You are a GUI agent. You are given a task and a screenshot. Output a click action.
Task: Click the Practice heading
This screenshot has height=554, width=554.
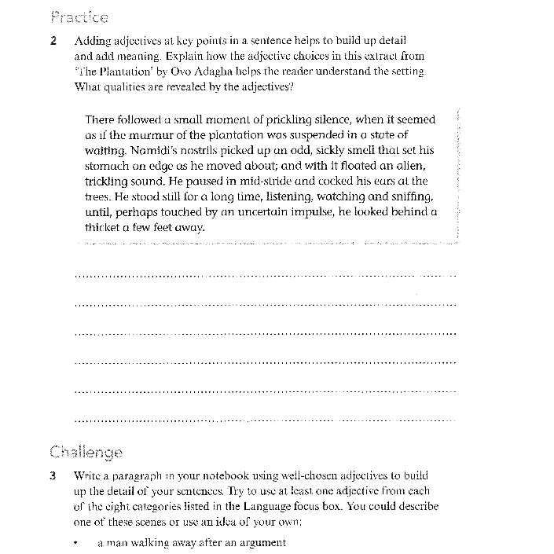(x=79, y=17)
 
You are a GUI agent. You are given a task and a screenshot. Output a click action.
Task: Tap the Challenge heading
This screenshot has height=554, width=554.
(x=86, y=452)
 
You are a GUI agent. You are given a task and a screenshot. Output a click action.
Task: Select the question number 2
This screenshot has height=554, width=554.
(x=53, y=41)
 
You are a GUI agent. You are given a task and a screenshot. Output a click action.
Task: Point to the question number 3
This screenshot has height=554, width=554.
(x=53, y=476)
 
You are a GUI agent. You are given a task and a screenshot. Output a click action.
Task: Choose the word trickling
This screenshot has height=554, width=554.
(x=106, y=181)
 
